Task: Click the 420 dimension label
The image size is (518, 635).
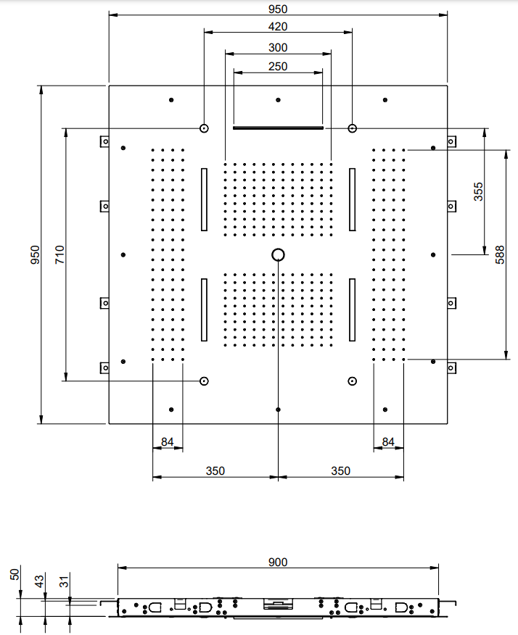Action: point(278,27)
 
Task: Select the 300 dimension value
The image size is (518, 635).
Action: point(278,48)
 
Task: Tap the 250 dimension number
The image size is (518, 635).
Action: point(278,67)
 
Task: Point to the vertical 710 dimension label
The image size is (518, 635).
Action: point(59,254)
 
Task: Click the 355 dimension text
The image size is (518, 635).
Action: point(479,191)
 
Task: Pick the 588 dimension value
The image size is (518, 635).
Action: point(500,254)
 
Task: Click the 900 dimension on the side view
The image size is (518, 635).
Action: point(278,562)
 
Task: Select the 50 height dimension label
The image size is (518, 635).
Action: point(15,575)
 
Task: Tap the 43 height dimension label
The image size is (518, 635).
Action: point(39,582)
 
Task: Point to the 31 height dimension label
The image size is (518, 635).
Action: point(64,582)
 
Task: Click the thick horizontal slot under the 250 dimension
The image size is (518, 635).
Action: point(278,128)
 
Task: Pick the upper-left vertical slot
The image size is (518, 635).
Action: point(204,199)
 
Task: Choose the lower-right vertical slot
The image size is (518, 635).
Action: point(352,310)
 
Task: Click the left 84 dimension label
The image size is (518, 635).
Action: point(168,442)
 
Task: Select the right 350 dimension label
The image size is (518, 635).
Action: point(340,471)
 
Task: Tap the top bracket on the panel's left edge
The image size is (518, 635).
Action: point(104,141)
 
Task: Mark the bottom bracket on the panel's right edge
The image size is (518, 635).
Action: point(451,368)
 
